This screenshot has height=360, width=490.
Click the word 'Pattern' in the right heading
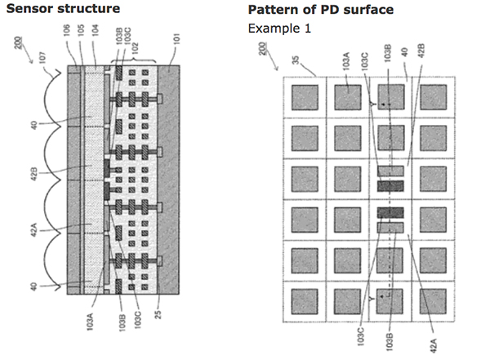(x=270, y=9)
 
